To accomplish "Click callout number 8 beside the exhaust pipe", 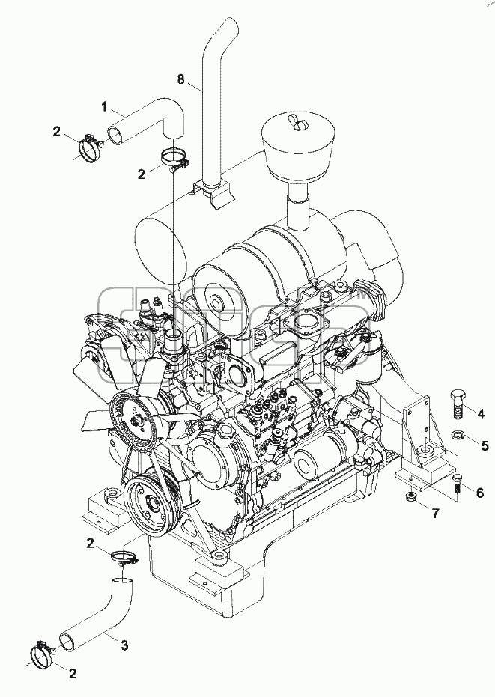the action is [x=180, y=79].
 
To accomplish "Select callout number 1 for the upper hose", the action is [x=103, y=106].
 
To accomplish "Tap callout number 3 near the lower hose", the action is [x=125, y=644].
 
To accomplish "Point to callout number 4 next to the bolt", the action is [x=481, y=414].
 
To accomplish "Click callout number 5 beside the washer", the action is [x=485, y=445].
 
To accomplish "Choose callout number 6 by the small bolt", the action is [x=479, y=493].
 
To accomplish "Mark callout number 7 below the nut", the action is [x=435, y=514].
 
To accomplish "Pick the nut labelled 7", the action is [x=412, y=496].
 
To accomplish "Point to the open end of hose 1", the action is [x=116, y=135].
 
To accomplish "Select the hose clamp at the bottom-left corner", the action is [x=41, y=651].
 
